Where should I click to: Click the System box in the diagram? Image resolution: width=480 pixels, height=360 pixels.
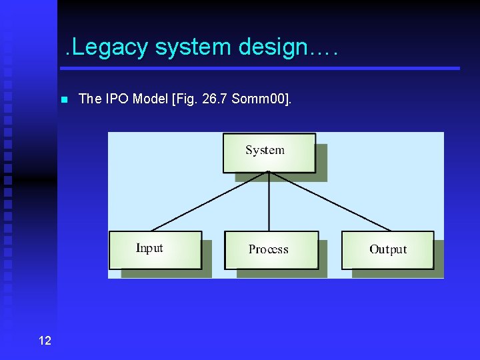[269, 152]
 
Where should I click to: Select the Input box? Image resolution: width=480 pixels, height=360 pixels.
[155, 249]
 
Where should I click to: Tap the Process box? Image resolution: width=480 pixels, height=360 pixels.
[271, 250]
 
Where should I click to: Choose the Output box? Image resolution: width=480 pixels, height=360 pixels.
[387, 250]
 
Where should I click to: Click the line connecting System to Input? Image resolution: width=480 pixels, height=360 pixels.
[209, 201]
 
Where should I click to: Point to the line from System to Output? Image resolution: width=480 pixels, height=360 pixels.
[329, 201]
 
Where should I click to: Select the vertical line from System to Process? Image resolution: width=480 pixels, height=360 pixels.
[269, 201]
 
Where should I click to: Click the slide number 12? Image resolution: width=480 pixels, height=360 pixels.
[45, 341]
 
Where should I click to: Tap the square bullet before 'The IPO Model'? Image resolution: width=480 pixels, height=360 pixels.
[64, 100]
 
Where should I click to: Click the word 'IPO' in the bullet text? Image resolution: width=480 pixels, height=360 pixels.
[115, 99]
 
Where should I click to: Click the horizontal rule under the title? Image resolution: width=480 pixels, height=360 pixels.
[260, 68]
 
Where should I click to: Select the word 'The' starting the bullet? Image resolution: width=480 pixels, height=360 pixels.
[89, 99]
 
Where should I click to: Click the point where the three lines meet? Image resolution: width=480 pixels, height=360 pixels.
[269, 171]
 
